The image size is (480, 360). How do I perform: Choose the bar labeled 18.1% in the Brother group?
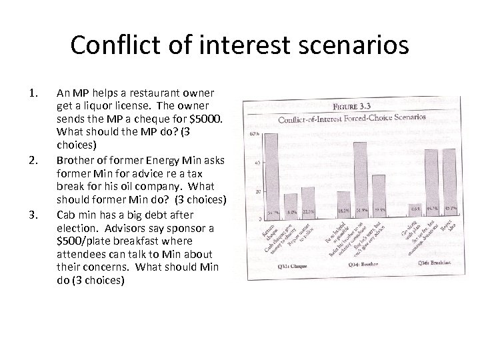coord(343,199)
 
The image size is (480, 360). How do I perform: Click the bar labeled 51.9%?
coord(361,175)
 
